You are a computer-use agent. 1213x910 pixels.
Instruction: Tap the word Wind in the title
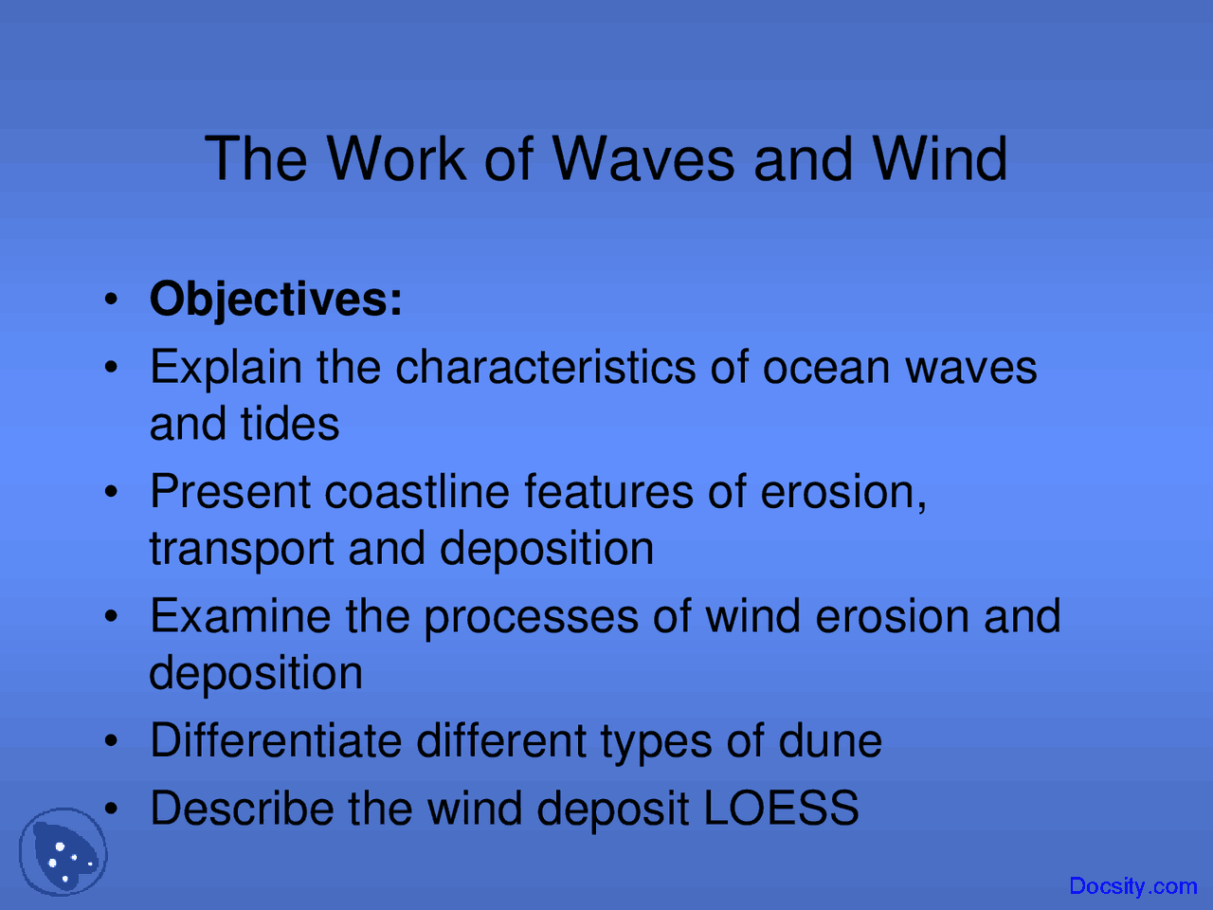[x=939, y=158]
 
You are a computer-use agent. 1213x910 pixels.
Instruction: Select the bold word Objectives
[x=276, y=300]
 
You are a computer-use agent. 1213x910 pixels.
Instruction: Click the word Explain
[x=226, y=368]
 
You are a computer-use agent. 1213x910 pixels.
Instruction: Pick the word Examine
[x=240, y=616]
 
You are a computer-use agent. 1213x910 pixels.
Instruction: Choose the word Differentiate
[x=276, y=740]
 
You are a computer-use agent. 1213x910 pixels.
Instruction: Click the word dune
[x=830, y=740]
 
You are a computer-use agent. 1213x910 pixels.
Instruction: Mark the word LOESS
[x=781, y=809]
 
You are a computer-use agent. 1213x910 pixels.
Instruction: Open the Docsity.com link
[x=1132, y=886]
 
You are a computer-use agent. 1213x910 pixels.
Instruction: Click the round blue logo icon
[x=63, y=852]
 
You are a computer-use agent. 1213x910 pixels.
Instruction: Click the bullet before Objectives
[x=112, y=300]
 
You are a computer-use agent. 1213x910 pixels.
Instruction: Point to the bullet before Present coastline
[x=112, y=493]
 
